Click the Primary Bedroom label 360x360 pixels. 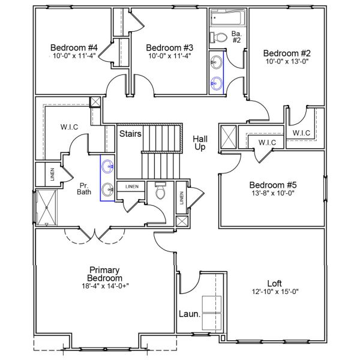(x=106, y=274)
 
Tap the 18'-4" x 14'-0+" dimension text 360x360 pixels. (x=106, y=287)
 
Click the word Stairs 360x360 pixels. (x=130, y=133)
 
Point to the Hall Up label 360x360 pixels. (x=200, y=143)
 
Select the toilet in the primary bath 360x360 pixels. (x=160, y=191)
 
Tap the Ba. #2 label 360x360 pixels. (x=237, y=37)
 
